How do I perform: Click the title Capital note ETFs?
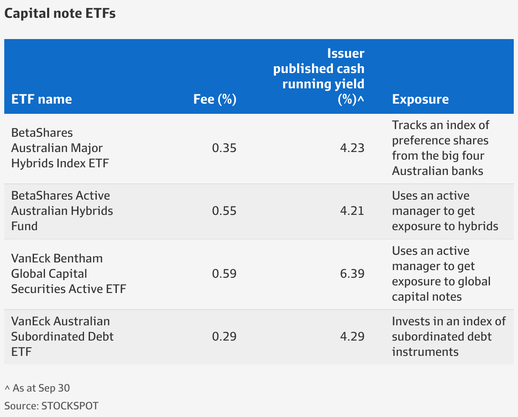click(60, 14)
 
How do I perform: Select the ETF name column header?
click(42, 99)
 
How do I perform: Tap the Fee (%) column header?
click(215, 99)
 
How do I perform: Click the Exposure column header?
click(420, 99)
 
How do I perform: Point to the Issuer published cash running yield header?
click(319, 76)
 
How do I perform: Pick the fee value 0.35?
click(224, 148)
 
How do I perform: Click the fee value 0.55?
click(224, 211)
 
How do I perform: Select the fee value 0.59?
click(224, 274)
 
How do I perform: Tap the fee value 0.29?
click(224, 337)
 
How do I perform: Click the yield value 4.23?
click(352, 148)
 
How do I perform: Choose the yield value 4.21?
click(352, 211)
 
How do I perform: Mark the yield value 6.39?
click(352, 274)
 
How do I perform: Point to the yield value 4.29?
click(352, 337)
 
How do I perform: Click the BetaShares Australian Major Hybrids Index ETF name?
click(60, 148)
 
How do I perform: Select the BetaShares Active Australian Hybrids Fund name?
click(62, 211)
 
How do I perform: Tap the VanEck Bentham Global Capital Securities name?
click(69, 274)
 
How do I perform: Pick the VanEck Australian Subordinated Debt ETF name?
click(62, 337)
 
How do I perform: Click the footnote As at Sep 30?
click(37, 388)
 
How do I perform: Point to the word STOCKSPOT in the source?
click(70, 406)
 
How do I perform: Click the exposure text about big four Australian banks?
click(440, 148)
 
